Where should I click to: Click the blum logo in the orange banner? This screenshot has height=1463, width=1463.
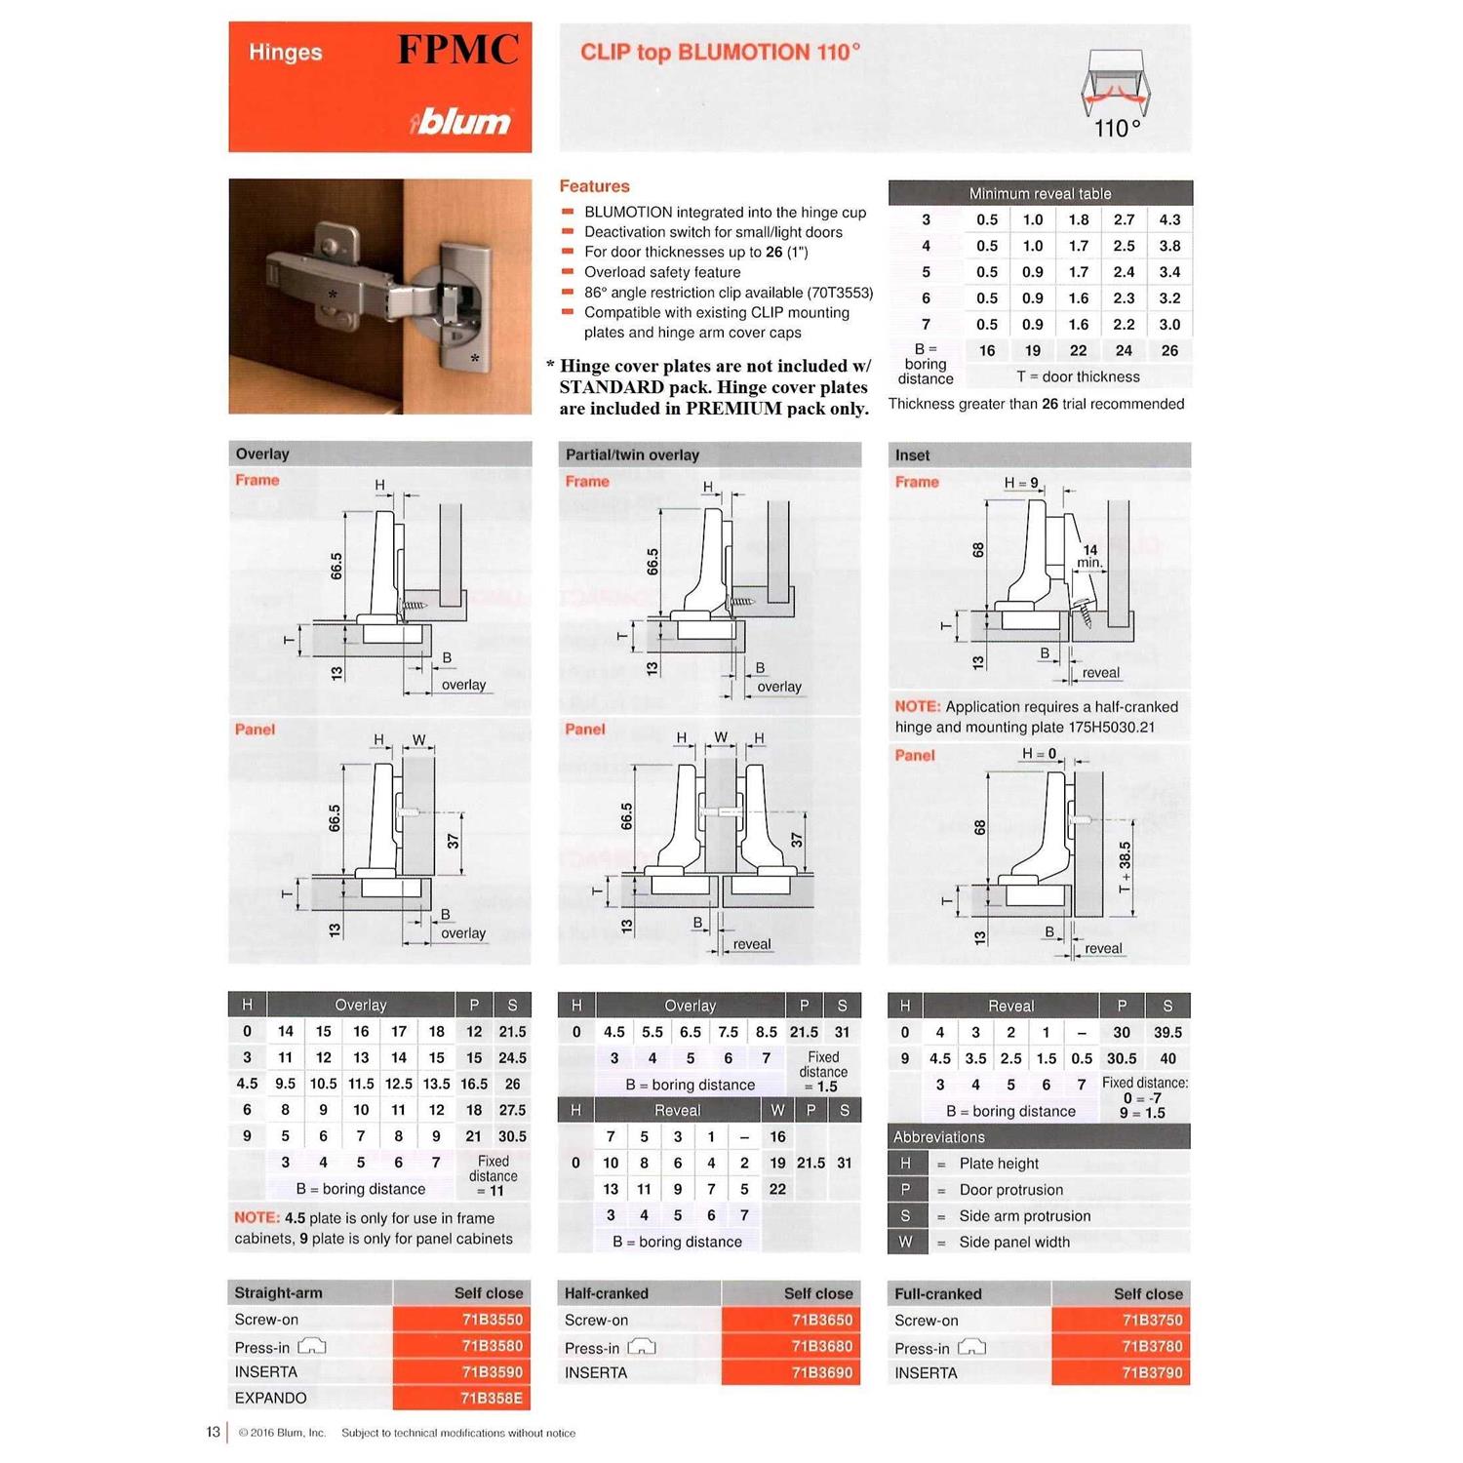pyautogui.click(x=461, y=122)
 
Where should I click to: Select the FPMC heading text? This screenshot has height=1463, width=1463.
pyautogui.click(x=457, y=50)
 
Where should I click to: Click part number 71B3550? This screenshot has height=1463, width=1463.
pyautogui.click(x=492, y=1320)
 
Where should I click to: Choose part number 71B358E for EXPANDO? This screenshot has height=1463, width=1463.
pyautogui.click(x=492, y=1399)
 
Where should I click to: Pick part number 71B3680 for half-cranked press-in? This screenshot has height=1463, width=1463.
pyautogui.click(x=821, y=1347)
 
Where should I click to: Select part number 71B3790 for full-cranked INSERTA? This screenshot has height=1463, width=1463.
pyautogui.click(x=1151, y=1373)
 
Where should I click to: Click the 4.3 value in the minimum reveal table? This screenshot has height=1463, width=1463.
pyautogui.click(x=1169, y=220)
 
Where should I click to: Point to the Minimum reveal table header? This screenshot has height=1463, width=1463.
pyautogui.click(x=1040, y=193)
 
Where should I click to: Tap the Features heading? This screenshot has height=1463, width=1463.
pyautogui.click(x=594, y=186)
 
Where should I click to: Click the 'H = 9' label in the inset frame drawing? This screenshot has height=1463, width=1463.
pyautogui.click(x=1021, y=483)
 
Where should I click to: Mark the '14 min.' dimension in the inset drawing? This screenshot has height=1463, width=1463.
pyautogui.click(x=1089, y=556)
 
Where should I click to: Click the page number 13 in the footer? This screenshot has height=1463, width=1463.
pyautogui.click(x=213, y=1432)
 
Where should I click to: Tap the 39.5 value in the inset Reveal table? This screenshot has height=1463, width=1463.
pyautogui.click(x=1166, y=1032)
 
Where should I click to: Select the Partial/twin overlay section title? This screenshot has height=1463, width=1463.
pyautogui.click(x=632, y=455)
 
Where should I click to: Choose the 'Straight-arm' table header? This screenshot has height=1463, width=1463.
pyautogui.click(x=278, y=1293)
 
